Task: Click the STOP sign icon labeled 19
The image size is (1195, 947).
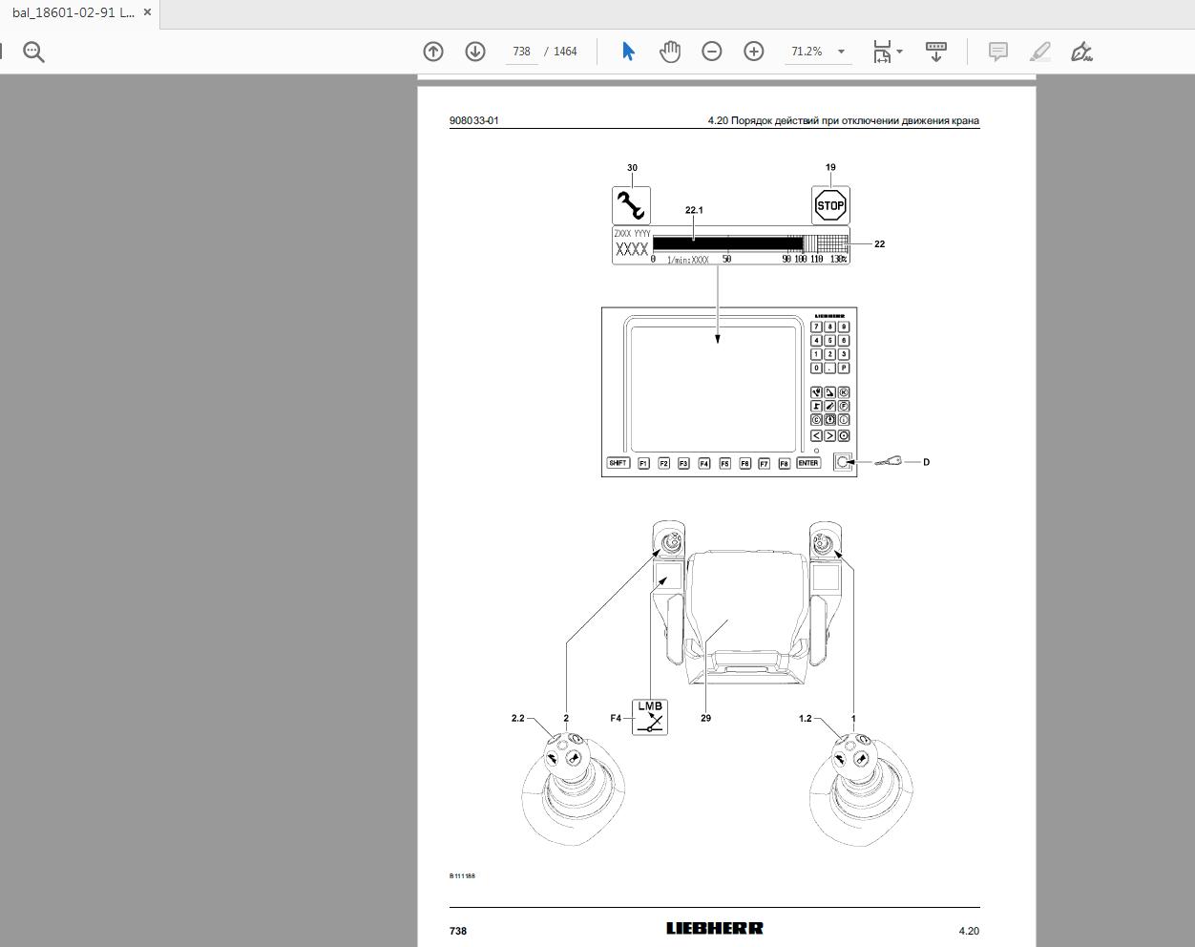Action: pyautogui.click(x=830, y=205)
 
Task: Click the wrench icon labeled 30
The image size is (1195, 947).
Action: pyautogui.click(x=631, y=205)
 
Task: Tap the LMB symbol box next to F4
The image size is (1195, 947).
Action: pyautogui.click(x=650, y=718)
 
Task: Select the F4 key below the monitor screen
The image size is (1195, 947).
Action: pyautogui.click(x=703, y=463)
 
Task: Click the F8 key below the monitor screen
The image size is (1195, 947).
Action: pyautogui.click(x=784, y=463)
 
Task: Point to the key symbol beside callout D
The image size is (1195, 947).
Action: pyautogui.click(x=889, y=462)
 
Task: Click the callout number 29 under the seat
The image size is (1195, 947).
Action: pyautogui.click(x=705, y=718)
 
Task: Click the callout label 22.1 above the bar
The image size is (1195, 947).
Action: pyautogui.click(x=694, y=210)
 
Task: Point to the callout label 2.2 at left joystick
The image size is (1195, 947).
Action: pyautogui.click(x=517, y=718)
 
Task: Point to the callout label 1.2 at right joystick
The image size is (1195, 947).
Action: pyautogui.click(x=805, y=718)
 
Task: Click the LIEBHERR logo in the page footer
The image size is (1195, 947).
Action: pyautogui.click(x=714, y=928)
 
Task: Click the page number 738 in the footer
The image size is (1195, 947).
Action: pyautogui.click(x=458, y=931)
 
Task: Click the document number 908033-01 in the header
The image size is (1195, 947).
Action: pyautogui.click(x=473, y=120)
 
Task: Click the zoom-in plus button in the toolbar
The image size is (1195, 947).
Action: pyautogui.click(x=754, y=52)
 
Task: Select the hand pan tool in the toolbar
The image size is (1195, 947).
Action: pyautogui.click(x=670, y=52)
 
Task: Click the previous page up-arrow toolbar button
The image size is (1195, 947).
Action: pyautogui.click(x=433, y=52)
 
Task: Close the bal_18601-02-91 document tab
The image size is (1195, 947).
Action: pyautogui.click(x=147, y=12)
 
